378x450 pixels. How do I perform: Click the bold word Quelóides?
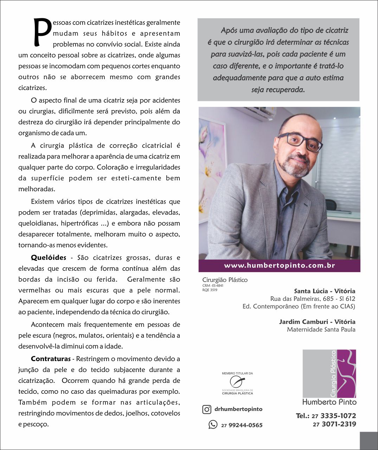49,258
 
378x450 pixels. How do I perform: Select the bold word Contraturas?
51,359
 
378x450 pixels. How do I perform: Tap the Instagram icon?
207,409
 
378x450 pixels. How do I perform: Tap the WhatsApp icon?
213,424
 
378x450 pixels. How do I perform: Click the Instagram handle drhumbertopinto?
238,409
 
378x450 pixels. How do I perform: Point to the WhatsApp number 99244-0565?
245,425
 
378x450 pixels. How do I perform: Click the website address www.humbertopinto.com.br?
280,266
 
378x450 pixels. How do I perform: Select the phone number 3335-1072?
338,416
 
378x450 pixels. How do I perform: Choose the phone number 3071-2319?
339,424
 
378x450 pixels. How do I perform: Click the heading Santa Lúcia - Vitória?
324,291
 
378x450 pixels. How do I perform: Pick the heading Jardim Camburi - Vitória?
317,322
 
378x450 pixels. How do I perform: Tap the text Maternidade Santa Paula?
321,330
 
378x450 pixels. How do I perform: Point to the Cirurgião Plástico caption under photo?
225,280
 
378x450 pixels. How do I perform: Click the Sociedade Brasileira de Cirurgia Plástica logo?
237,383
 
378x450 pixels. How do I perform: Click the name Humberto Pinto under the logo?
329,402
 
